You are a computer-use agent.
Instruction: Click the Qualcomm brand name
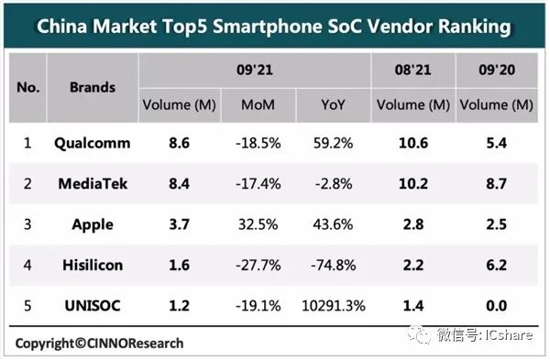click(x=93, y=144)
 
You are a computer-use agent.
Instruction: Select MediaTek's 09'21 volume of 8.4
click(x=180, y=184)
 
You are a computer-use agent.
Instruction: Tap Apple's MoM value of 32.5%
click(x=258, y=224)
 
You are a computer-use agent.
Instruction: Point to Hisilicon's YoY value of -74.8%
click(x=334, y=265)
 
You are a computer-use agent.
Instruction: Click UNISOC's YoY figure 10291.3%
click(x=334, y=306)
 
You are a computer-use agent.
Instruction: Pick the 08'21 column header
click(x=412, y=70)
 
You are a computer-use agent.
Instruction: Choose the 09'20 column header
click(x=497, y=70)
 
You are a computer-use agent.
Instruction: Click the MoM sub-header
click(x=258, y=104)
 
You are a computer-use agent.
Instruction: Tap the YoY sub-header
click(x=334, y=104)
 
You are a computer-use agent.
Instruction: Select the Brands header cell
click(x=93, y=87)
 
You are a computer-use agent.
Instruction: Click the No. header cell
click(x=28, y=87)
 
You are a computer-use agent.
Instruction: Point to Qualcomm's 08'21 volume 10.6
click(x=413, y=143)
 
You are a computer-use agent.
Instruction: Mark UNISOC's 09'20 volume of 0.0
click(x=496, y=306)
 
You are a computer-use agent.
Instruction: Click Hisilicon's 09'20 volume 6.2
click(x=496, y=265)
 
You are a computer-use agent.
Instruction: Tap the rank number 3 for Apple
click(x=27, y=224)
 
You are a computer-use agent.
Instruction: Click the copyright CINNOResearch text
click(x=99, y=344)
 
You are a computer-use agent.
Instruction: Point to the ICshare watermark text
click(x=509, y=335)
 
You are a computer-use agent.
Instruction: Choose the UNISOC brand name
click(x=93, y=306)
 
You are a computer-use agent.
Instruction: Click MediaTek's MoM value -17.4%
click(x=258, y=184)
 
